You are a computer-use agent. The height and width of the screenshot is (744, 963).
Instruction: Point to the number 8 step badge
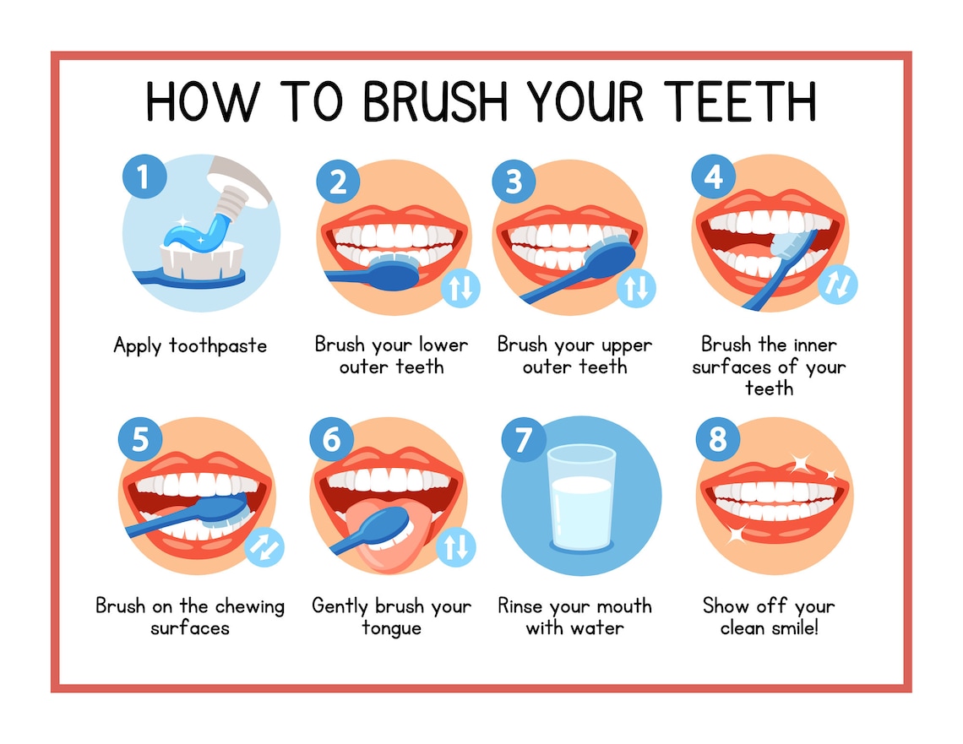(x=717, y=440)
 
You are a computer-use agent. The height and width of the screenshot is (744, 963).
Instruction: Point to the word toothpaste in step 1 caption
(x=218, y=345)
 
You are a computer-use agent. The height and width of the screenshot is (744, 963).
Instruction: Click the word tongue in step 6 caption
(x=391, y=628)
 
